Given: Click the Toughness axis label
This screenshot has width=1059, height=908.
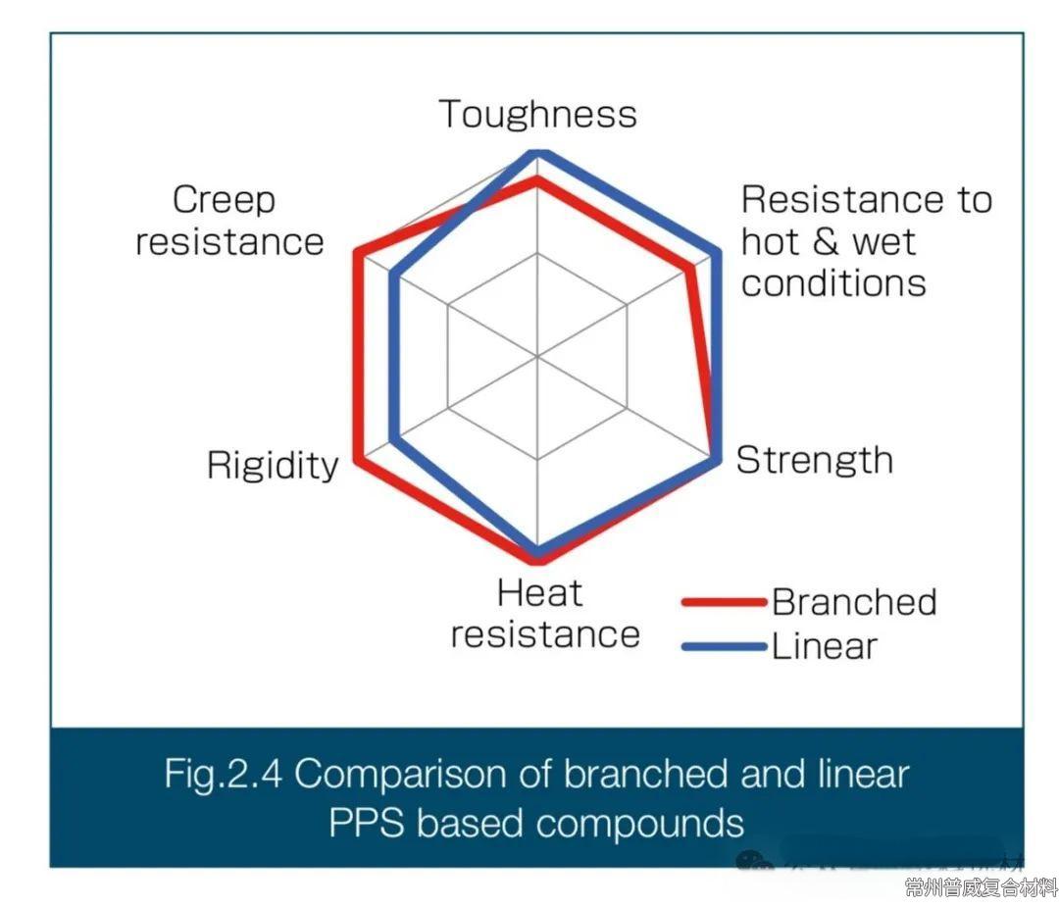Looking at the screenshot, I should coord(537,114).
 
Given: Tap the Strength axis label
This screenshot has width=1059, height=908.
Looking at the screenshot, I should coord(814,460).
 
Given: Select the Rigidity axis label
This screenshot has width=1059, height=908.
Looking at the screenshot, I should coord(272,465).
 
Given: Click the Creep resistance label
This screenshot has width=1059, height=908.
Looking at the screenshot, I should coord(229,221).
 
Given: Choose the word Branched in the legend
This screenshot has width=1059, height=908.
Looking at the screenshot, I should coord(854,601).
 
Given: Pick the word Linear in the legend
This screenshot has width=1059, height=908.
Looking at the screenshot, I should coord(824,646).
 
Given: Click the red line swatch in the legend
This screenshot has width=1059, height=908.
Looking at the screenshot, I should coord(724,602).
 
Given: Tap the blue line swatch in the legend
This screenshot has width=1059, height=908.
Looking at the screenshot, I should coord(724,646).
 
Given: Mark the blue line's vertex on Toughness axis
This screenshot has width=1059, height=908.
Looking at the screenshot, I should coord(536,154).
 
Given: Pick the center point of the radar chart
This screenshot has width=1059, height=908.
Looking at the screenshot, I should coord(537,357).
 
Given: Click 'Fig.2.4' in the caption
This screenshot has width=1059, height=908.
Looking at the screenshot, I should coord(223,775).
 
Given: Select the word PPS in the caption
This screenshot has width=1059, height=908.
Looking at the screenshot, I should coord(367,822).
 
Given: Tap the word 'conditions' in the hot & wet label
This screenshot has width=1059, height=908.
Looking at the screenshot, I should coord(833,283).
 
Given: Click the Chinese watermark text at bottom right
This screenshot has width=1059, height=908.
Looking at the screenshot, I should coord(981,888).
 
